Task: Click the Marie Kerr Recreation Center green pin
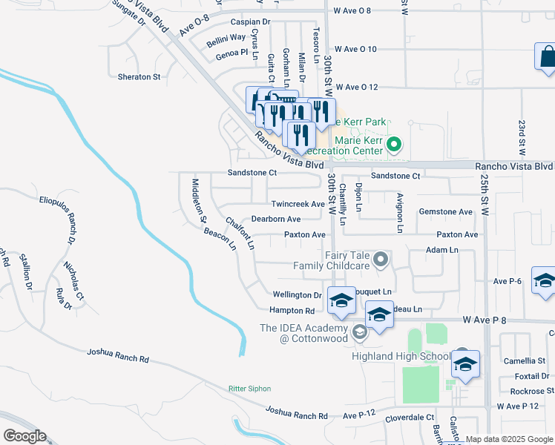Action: tap(395, 145)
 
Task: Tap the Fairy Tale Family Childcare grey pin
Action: tap(381, 259)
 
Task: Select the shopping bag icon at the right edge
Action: tap(546, 58)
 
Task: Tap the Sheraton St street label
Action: tap(139, 76)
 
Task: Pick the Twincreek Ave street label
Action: tap(298, 204)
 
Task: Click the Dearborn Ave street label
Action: tap(275, 220)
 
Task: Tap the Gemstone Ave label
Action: tap(445, 212)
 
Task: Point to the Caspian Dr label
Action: tap(250, 22)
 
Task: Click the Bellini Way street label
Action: tap(226, 37)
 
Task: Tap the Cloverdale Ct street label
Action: tap(410, 418)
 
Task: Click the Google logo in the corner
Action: tap(24, 436)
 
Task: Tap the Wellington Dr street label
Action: tap(297, 295)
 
